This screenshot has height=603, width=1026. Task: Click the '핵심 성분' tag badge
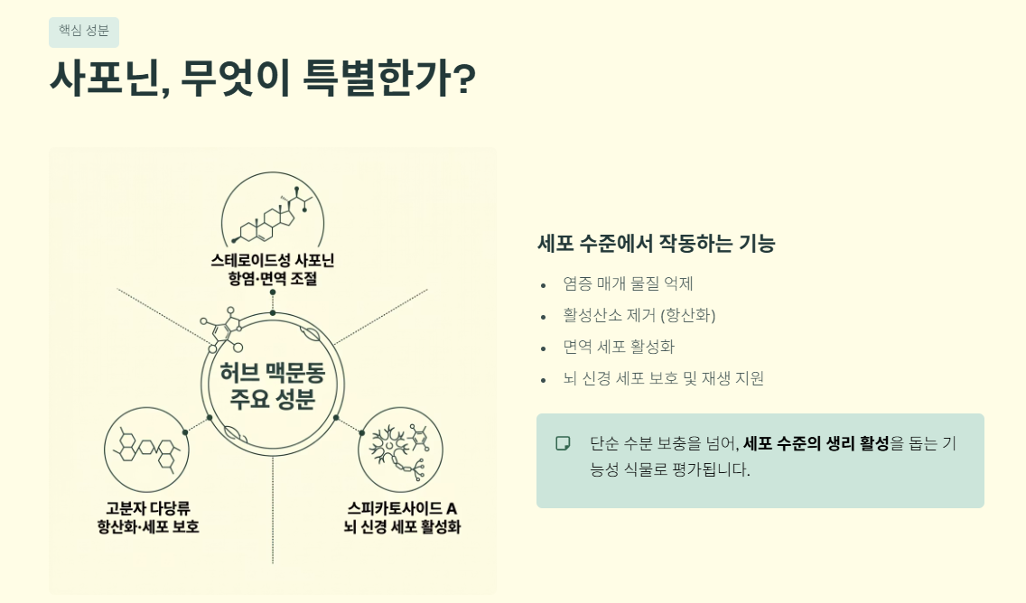84,32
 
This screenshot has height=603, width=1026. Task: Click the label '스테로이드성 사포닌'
272,261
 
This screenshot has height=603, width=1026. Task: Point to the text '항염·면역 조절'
272,280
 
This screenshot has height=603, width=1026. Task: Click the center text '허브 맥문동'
273,373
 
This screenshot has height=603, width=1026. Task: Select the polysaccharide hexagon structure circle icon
147,448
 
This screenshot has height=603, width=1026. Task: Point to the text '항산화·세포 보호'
147,526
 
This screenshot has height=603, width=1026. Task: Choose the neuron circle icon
400,448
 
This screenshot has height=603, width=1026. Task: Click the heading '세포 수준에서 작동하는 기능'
657,243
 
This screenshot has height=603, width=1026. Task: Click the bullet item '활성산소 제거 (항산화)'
639,315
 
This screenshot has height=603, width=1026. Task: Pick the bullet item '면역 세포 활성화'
619,347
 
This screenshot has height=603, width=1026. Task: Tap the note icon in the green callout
563,443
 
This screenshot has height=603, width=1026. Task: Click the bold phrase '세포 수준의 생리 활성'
816,443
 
